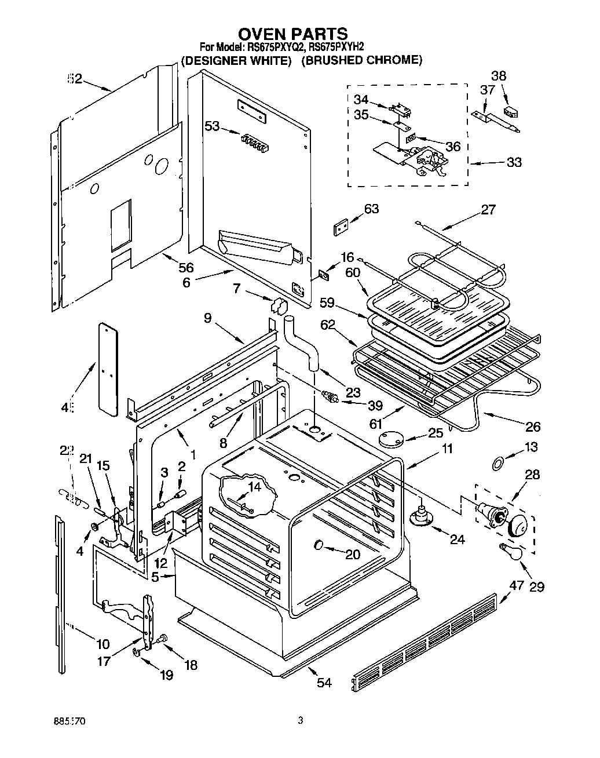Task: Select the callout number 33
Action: (514, 162)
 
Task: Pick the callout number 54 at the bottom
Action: (324, 682)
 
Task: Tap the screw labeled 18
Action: (162, 639)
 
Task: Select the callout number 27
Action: (488, 210)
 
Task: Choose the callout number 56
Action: (186, 267)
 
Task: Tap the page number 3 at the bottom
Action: (300, 721)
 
